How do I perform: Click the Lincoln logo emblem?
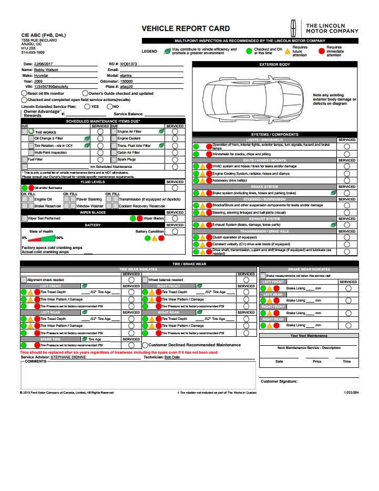click(x=296, y=27)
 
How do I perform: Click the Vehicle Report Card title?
click(x=186, y=28)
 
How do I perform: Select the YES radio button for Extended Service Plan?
click(x=87, y=106)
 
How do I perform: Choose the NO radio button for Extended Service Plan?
click(x=109, y=106)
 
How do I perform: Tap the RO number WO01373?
click(x=128, y=64)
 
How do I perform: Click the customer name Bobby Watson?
click(x=46, y=69)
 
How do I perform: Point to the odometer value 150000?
click(x=126, y=81)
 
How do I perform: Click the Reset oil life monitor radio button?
click(x=24, y=93)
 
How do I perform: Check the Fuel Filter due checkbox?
click(x=24, y=159)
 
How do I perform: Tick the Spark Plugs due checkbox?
click(x=114, y=159)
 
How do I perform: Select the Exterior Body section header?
click(x=274, y=64)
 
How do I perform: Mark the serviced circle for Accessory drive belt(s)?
click(x=346, y=180)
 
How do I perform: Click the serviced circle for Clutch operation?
click(x=346, y=237)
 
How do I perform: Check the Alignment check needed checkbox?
click(x=24, y=280)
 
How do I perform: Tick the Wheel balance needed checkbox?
click(x=144, y=280)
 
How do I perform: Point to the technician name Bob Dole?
click(x=172, y=357)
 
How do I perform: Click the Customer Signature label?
click(x=279, y=382)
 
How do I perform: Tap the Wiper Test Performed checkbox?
click(x=24, y=218)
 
